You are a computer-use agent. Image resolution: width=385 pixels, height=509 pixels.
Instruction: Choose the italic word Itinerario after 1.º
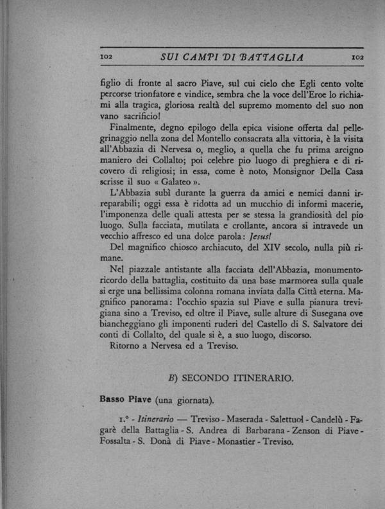140,419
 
